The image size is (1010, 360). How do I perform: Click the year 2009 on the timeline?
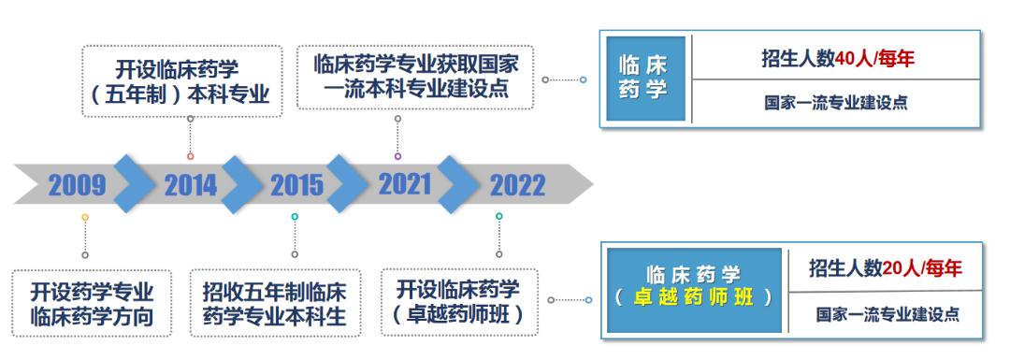[78, 185]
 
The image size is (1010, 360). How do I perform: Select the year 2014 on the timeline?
[190, 185]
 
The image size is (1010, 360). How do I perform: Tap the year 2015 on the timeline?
[296, 185]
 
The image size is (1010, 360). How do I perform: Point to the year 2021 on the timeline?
[406, 183]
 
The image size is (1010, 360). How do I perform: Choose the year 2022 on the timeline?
[517, 185]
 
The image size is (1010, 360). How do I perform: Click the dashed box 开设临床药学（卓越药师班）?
[461, 301]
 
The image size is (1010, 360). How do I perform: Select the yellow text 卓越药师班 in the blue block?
[695, 298]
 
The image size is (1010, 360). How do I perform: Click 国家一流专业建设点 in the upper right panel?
[835, 103]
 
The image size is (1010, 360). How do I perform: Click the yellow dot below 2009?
[85, 217]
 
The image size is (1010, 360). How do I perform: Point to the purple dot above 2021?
[397, 156]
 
